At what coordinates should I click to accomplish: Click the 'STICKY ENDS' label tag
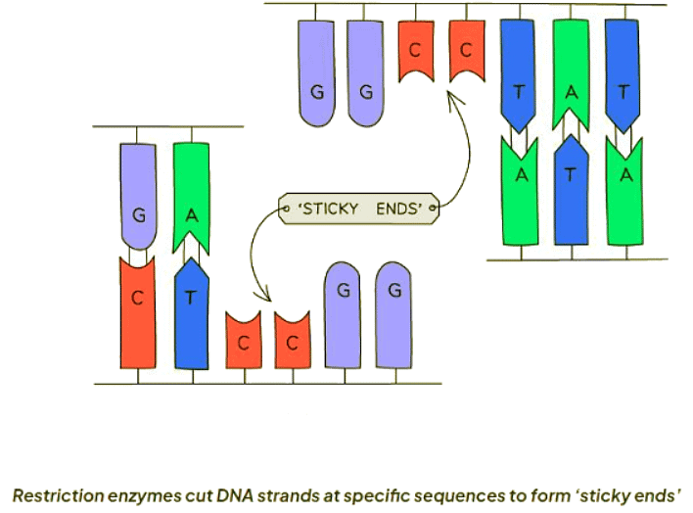coord(357,209)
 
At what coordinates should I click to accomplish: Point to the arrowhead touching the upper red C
coord(452,94)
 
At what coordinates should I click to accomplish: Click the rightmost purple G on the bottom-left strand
coord(394,313)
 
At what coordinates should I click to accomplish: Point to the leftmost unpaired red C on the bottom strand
coord(242,343)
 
